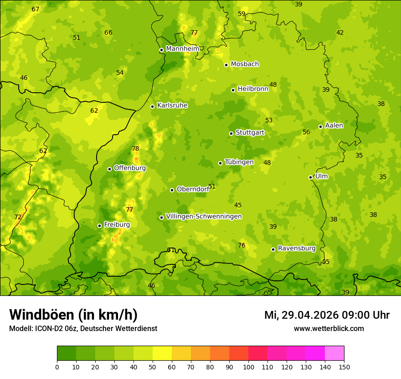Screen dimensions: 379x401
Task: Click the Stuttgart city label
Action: click(x=250, y=133)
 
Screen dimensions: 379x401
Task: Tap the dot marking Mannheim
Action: click(x=161, y=50)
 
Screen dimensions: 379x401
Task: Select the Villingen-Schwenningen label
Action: click(x=204, y=216)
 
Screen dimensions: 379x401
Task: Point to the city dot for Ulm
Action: click(x=310, y=177)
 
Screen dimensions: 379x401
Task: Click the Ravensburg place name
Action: click(x=297, y=248)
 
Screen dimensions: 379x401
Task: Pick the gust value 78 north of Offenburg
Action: click(x=135, y=148)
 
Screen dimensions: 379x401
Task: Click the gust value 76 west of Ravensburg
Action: click(x=242, y=245)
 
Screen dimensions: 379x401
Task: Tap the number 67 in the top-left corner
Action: click(x=36, y=10)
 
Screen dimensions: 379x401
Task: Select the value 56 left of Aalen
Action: click(x=306, y=132)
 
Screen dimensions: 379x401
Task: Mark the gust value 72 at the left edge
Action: click(x=18, y=217)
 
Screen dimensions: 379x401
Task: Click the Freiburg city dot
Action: click(x=99, y=226)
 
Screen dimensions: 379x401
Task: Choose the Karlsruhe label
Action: click(x=172, y=105)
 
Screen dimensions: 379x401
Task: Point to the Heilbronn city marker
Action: click(x=233, y=90)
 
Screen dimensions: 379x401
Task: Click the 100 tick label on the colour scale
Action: click(x=248, y=367)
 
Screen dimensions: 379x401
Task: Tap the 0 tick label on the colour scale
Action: click(x=57, y=367)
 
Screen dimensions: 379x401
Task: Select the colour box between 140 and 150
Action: click(x=334, y=353)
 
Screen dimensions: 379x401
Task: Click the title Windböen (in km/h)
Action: click(x=73, y=315)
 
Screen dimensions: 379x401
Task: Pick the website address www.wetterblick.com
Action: click(x=329, y=328)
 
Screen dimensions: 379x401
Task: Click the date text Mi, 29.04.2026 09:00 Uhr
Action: click(x=327, y=315)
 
